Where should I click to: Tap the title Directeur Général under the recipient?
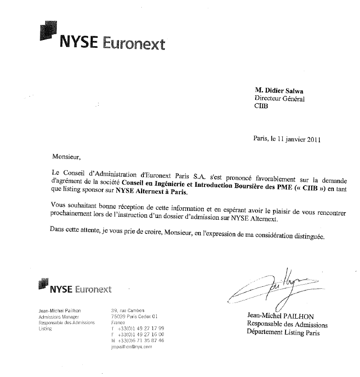coord(279,99)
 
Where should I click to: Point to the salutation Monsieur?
coord(65,157)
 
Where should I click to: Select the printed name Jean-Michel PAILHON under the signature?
coord(281,316)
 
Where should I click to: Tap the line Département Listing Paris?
coord(283,332)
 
